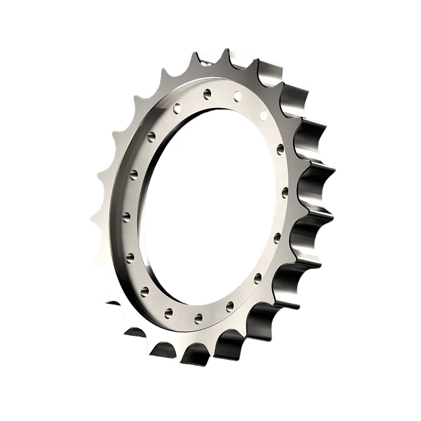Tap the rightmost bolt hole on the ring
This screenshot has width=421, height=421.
[285, 191]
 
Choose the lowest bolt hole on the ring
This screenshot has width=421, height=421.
[198, 317]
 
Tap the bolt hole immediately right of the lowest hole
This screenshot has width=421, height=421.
[229, 305]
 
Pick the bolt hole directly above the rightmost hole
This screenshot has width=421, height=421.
[280, 148]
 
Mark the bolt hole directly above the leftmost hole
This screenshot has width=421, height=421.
[133, 173]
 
